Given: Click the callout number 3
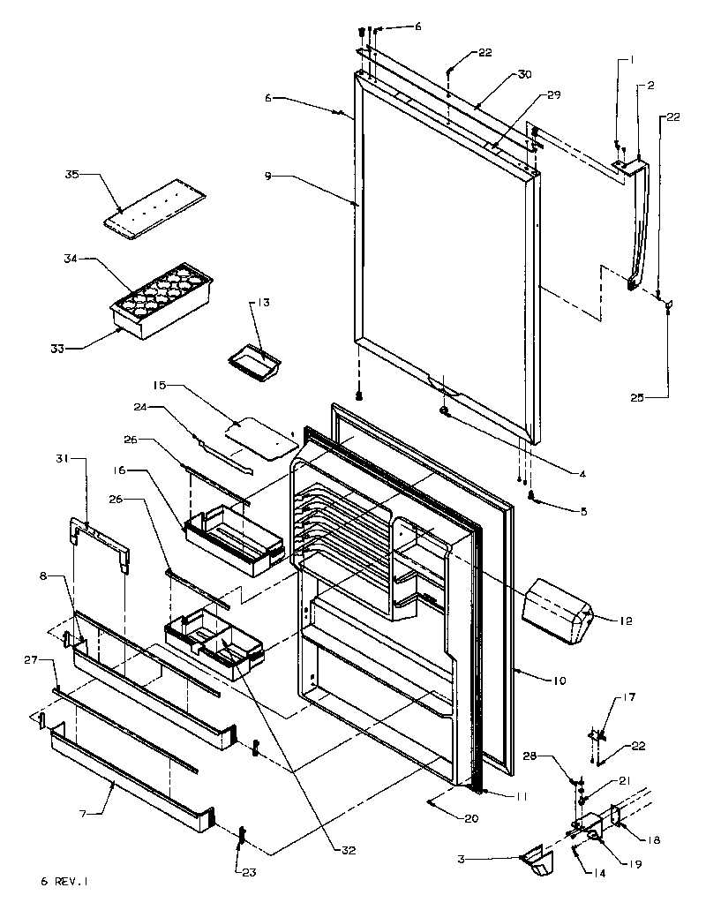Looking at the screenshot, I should pos(485,857).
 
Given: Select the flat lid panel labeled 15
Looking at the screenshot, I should pos(259,438).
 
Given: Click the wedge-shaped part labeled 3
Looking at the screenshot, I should pos(536,861).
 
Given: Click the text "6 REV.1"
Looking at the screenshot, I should pos(64,881).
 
